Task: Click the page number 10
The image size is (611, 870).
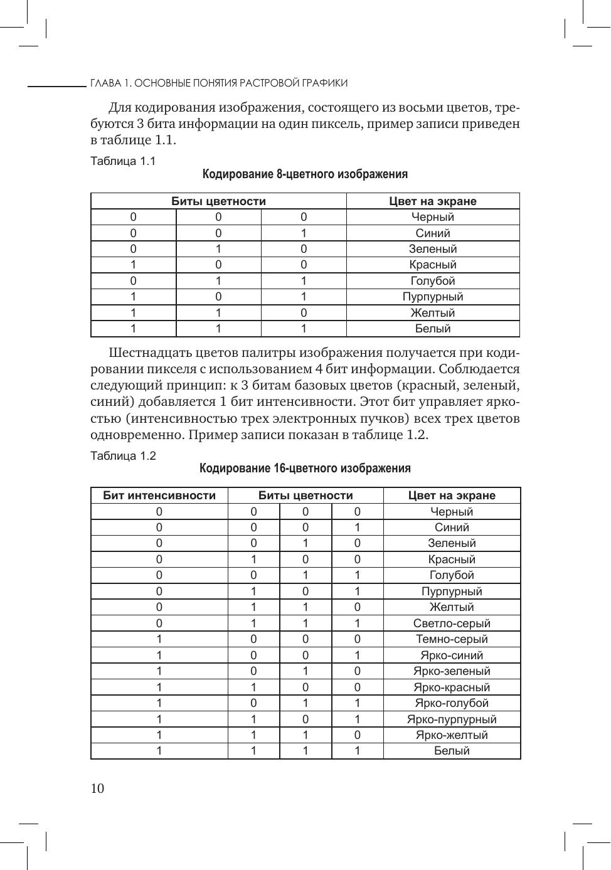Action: coord(98,788)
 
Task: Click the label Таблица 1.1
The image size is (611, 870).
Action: coord(123,161)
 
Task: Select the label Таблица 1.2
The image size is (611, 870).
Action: coord(123,456)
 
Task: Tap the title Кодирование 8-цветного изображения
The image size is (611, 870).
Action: coord(305,174)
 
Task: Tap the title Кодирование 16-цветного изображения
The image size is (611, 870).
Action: coord(305,469)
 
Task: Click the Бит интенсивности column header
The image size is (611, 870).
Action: coord(159,496)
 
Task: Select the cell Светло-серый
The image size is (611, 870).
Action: coord(452,623)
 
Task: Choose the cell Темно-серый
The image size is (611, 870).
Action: coord(452,639)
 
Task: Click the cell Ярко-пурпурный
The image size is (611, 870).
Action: coord(452,719)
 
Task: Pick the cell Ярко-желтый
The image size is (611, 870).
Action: coord(452,735)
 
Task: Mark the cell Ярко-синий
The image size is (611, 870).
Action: coord(452,655)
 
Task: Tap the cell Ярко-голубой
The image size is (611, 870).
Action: coord(452,703)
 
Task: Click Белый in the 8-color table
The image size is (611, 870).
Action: coord(433,329)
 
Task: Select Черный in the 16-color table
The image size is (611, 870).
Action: coord(452,512)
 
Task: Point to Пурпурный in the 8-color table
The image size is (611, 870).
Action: coord(433,297)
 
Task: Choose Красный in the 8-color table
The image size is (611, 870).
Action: coord(433,265)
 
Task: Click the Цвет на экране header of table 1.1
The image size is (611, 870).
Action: coord(433,201)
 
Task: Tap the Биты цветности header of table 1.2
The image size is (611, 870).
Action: coord(305,496)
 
